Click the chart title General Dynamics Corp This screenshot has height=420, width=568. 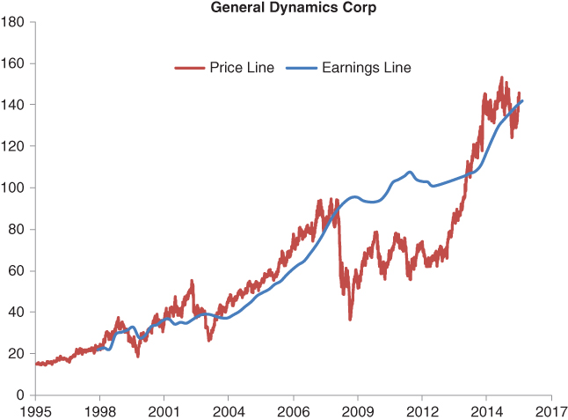tap(283, 8)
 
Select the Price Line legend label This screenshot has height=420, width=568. tap(241, 67)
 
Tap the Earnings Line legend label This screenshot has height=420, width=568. tap(367, 67)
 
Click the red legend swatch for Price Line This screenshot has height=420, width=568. tap(189, 67)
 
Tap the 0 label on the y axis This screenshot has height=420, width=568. tap(22, 394)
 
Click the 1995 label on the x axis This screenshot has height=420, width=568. tap(36, 411)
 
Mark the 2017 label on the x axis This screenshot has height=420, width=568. tap(551, 411)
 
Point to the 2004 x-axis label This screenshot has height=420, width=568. tap(229, 411)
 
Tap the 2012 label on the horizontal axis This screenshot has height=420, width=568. tap(422, 411)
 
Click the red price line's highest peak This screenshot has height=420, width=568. tap(501, 77)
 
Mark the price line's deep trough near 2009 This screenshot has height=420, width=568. tap(350, 319)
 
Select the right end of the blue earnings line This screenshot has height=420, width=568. tap(522, 100)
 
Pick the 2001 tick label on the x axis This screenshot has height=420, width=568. tap(164, 411)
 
